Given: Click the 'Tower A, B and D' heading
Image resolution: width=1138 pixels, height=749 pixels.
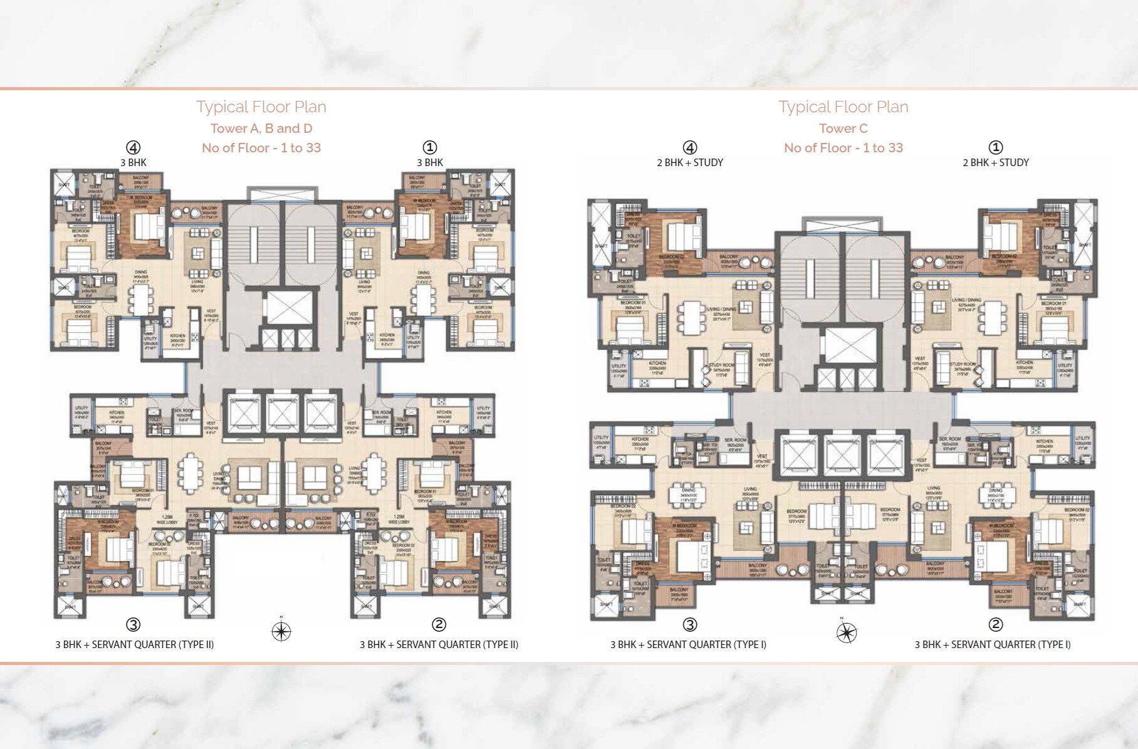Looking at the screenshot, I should (261, 128).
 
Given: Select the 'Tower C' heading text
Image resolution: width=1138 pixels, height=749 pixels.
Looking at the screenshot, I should (843, 128).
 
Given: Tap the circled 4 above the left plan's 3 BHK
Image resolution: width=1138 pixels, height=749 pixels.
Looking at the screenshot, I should (133, 148).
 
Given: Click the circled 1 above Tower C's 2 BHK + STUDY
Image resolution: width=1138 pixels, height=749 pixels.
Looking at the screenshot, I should (995, 148).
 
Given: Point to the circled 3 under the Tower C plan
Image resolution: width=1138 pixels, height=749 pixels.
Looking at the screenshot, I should (689, 624).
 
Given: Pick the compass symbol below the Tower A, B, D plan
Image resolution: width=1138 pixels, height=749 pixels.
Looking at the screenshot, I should (281, 631).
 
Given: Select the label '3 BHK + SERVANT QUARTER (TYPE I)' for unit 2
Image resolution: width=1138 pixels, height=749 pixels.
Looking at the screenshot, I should (992, 644).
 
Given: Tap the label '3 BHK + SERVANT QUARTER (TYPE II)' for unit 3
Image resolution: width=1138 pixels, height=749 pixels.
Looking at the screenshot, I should (135, 644).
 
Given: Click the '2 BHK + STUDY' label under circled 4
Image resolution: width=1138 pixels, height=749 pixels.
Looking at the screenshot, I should (689, 163).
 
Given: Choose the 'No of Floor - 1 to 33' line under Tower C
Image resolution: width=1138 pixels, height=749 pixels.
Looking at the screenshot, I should (843, 148).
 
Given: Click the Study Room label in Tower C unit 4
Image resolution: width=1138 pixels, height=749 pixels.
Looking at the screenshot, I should (721, 368).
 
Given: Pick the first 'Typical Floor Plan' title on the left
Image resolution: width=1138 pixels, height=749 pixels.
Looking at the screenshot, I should (261, 107).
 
